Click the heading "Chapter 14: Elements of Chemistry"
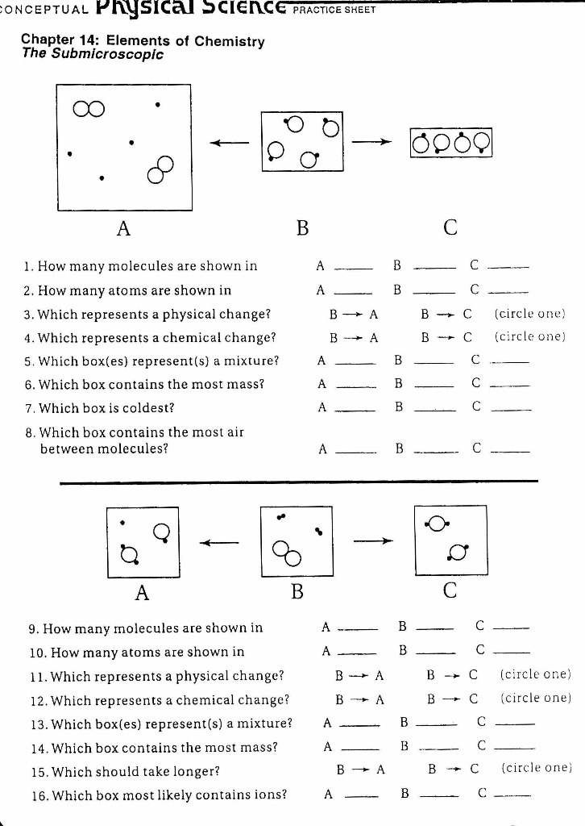(142, 40)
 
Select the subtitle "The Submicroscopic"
(93, 55)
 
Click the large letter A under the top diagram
(122, 228)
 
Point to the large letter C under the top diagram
(450, 228)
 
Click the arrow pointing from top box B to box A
(230, 143)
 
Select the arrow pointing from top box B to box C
(375, 143)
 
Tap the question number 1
(27, 266)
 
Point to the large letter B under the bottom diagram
(297, 592)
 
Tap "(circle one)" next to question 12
(535, 697)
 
